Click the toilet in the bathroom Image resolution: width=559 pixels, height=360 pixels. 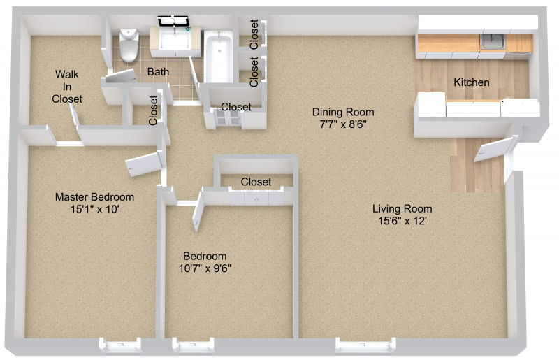[x=129, y=45]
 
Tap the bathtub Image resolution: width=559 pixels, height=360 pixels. [x=218, y=57]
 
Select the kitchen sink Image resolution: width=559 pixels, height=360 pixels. [x=493, y=41]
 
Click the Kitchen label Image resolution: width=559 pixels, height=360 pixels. [x=471, y=82]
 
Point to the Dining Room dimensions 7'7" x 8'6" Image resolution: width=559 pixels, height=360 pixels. [x=343, y=124]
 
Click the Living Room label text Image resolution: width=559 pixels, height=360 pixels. [x=402, y=208]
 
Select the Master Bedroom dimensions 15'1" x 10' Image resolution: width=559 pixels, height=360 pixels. [x=94, y=209]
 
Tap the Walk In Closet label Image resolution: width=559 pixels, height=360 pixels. [x=67, y=87]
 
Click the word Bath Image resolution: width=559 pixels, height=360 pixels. [x=158, y=72]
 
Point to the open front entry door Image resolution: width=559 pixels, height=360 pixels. [x=495, y=149]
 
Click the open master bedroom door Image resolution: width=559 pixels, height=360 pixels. [x=145, y=164]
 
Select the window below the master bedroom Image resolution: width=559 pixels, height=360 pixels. [x=120, y=345]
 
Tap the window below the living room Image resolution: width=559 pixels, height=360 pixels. [x=365, y=345]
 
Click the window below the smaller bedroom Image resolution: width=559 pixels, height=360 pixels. [x=194, y=345]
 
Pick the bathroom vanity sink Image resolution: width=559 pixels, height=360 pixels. [x=175, y=38]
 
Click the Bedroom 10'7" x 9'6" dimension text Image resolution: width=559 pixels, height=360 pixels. [x=205, y=268]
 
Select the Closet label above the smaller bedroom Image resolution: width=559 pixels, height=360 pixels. [x=256, y=182]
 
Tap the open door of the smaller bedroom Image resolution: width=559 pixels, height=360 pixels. [x=198, y=211]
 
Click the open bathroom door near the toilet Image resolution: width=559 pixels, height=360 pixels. [x=121, y=76]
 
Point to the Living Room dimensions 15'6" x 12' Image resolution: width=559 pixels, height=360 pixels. [x=402, y=221]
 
